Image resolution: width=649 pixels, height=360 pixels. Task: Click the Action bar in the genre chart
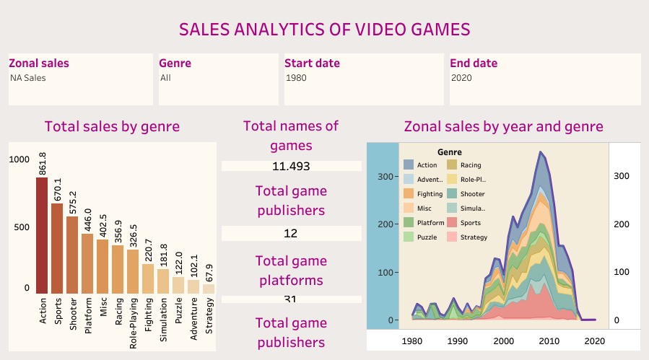click(42, 234)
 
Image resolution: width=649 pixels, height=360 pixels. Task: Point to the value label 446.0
click(87, 217)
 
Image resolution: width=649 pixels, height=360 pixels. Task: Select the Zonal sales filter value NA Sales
click(28, 77)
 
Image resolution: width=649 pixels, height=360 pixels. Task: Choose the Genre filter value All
click(165, 77)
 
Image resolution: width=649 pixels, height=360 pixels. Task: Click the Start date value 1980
click(297, 77)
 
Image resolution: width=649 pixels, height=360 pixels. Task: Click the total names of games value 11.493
click(291, 167)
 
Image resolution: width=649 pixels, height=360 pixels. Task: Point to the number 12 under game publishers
click(291, 234)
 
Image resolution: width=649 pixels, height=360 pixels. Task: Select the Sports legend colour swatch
click(452, 223)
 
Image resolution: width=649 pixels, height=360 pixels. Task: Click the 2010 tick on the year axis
click(549, 341)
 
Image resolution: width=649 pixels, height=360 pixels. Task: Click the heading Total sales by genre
click(112, 127)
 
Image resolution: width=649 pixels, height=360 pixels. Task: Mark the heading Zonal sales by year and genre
click(503, 127)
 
